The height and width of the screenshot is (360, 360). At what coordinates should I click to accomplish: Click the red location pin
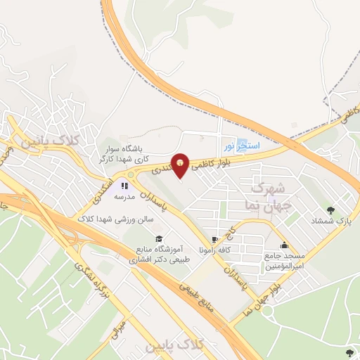pyautogui.click(x=181, y=165)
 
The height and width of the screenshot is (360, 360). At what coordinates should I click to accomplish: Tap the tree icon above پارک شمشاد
pyautogui.click(x=330, y=210)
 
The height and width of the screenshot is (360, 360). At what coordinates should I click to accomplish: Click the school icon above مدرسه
pyautogui.click(x=124, y=186)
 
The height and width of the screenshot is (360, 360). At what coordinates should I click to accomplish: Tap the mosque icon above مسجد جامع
pyautogui.click(x=284, y=245)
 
